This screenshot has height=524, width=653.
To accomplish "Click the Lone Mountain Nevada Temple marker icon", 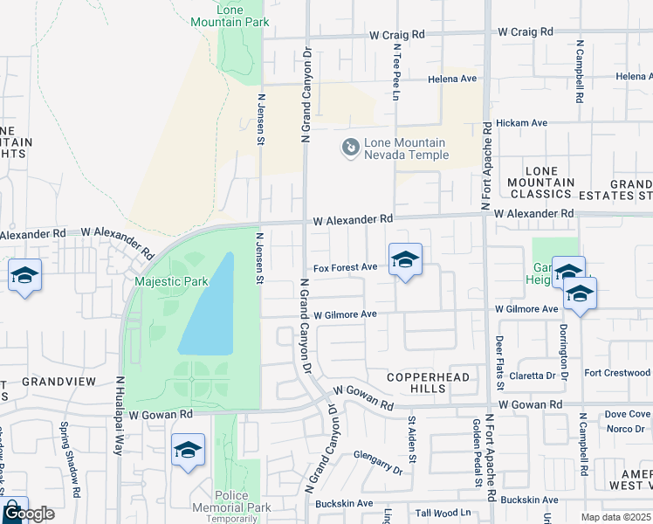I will [350, 148].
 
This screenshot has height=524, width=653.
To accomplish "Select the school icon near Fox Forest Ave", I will [405, 260].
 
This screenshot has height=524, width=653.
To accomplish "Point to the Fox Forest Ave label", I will [345, 267].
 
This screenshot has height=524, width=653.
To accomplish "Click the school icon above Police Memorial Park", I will [188, 451].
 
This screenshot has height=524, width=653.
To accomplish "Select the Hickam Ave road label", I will [521, 123].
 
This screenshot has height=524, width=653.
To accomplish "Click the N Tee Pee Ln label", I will [395, 69].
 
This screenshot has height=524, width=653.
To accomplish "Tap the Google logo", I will [29, 514].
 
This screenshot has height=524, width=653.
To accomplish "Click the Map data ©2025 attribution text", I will [615, 517].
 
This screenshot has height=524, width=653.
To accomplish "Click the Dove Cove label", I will [628, 414].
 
